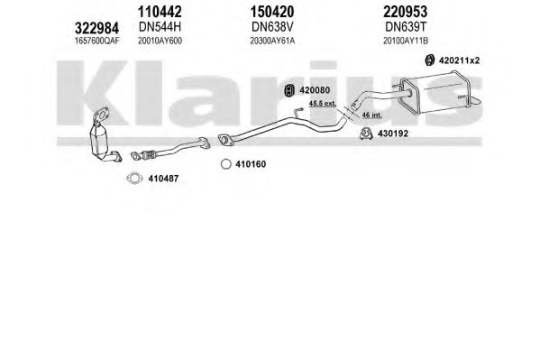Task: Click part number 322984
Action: click(x=96, y=28)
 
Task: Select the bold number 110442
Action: click(x=160, y=12)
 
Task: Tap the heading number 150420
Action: click(x=272, y=12)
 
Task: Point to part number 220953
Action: click(x=406, y=12)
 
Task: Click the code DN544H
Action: click(x=160, y=26)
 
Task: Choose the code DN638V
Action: click(x=272, y=26)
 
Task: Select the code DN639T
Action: click(x=406, y=26)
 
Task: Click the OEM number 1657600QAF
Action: click(x=97, y=41)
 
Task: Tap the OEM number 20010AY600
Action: click(x=160, y=41)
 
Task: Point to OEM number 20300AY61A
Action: click(x=272, y=41)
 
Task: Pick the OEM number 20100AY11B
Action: click(x=406, y=41)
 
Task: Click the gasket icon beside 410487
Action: click(x=134, y=179)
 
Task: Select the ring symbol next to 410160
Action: click(x=226, y=164)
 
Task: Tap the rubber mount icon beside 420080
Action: click(x=288, y=90)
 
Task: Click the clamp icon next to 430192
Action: click(x=366, y=134)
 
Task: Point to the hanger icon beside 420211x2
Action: click(x=429, y=60)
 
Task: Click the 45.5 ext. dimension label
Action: click(x=323, y=103)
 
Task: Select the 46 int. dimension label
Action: click(x=372, y=115)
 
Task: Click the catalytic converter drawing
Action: click(x=103, y=137)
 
